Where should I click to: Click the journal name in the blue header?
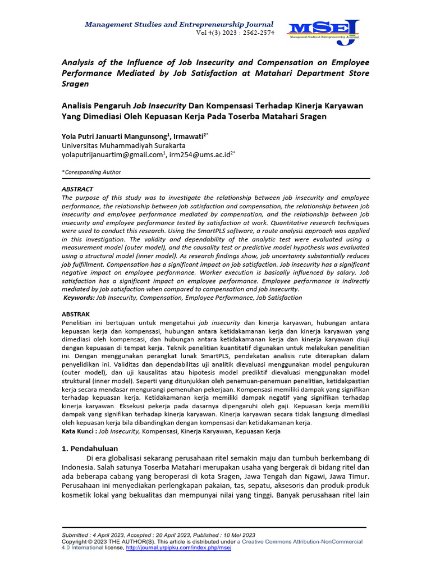[178, 25]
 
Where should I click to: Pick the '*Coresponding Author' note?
[91, 172]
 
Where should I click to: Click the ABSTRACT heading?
[77, 189]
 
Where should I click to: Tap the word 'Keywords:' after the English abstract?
[79, 298]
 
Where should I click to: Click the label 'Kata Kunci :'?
[79, 431]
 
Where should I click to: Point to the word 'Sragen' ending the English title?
[75, 83]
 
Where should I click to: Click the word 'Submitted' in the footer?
[76, 535]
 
